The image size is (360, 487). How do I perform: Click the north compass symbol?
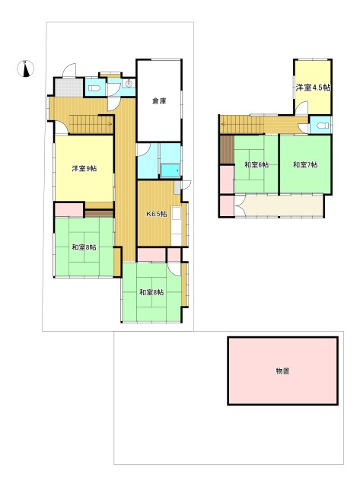25,68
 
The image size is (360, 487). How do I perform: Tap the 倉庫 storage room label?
159,101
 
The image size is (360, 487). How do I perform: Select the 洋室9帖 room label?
84,169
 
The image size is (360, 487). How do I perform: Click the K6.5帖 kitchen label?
157,214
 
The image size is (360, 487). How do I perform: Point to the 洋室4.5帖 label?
313,88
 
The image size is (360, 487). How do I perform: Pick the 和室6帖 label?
256,164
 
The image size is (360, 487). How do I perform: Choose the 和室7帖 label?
305,164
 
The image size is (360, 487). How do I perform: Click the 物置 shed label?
282,371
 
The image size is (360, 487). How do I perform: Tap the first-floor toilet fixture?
94,88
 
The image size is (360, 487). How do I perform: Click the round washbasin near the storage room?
129,84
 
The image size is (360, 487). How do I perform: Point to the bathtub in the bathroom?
170,170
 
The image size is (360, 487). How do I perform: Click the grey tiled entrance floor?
69,88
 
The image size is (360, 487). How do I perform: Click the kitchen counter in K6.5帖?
177,226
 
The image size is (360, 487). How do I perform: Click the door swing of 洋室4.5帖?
301,108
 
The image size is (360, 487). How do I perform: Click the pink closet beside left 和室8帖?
69,210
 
